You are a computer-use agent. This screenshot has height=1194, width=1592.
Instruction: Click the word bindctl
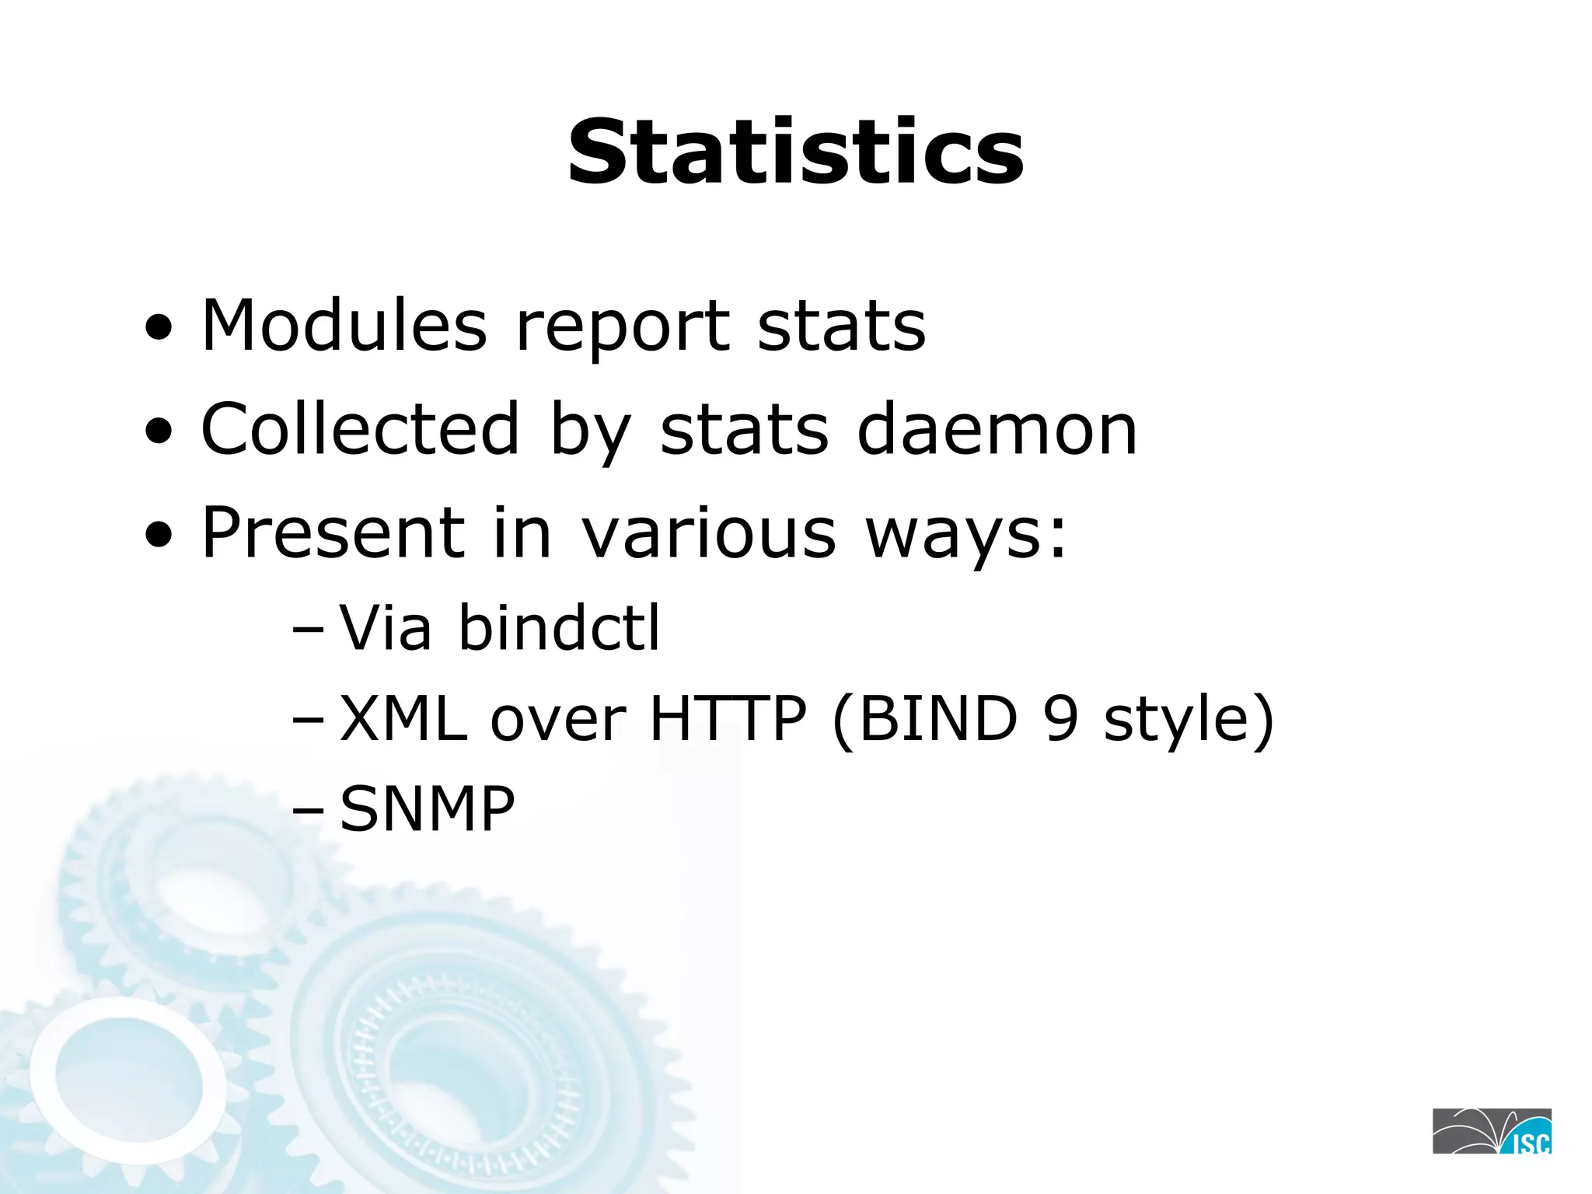click(x=559, y=627)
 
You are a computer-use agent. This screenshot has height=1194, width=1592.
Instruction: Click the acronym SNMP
click(x=428, y=808)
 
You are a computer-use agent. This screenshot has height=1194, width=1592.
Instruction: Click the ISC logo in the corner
click(x=1492, y=1131)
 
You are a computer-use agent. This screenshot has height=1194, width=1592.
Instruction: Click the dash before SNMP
click(x=308, y=812)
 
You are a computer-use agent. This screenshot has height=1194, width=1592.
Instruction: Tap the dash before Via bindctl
click(x=308, y=630)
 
